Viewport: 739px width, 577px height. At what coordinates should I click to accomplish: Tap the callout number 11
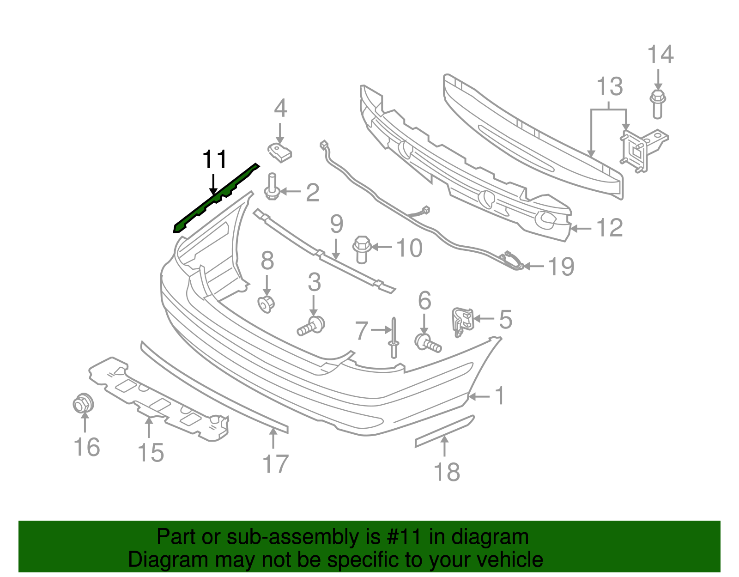coord(215,160)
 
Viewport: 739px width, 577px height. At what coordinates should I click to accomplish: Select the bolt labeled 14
coord(658,104)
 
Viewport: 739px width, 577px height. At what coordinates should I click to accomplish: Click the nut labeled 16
coord(84,404)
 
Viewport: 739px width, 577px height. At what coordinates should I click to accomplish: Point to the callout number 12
coord(609,228)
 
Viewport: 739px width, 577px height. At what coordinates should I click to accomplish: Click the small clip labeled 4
coord(280,152)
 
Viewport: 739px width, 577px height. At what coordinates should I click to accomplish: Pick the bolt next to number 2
coord(272,187)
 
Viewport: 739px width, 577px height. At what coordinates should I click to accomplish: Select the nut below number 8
coord(266,304)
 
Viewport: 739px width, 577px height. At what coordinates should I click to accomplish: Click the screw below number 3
coord(311,326)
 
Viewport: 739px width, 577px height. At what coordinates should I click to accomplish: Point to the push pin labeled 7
coord(394,337)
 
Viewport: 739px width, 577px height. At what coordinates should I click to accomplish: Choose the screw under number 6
coord(428,343)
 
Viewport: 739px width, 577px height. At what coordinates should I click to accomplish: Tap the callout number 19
coord(561,267)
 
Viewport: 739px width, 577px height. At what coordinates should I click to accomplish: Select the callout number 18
coord(447,472)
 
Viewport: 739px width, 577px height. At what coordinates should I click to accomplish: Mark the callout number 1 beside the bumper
coord(500,396)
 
